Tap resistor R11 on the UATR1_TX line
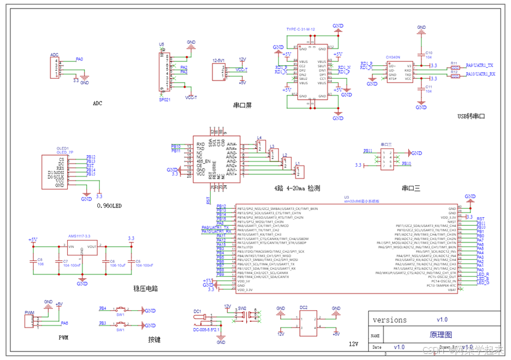(455, 68)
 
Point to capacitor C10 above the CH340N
(421, 55)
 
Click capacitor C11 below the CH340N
(421, 89)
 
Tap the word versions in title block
(390, 320)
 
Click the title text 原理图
(440, 335)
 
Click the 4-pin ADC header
(55, 67)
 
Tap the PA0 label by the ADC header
(79, 60)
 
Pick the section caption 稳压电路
(146, 287)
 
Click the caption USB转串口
(472, 116)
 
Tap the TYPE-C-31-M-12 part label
(300, 30)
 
